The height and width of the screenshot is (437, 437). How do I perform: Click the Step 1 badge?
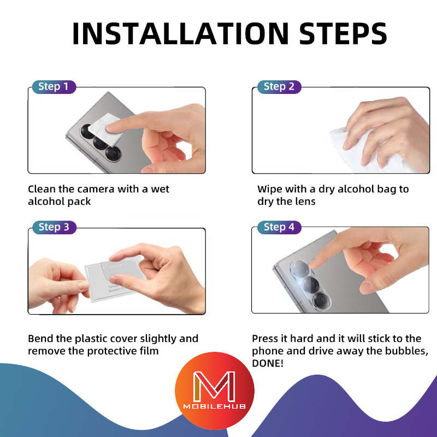[x=54, y=87]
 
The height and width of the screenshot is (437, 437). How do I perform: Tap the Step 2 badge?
[x=279, y=87]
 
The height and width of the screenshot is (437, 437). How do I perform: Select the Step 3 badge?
[x=54, y=227]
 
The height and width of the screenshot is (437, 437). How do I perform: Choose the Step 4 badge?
[x=279, y=227]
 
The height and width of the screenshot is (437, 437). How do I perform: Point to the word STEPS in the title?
[x=343, y=33]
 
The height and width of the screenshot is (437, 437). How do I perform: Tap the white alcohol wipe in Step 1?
[x=107, y=129]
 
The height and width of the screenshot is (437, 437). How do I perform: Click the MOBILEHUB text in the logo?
[x=214, y=406]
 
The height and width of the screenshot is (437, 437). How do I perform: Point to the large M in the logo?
[x=214, y=386]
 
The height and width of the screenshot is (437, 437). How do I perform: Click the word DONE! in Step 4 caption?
[x=268, y=363]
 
